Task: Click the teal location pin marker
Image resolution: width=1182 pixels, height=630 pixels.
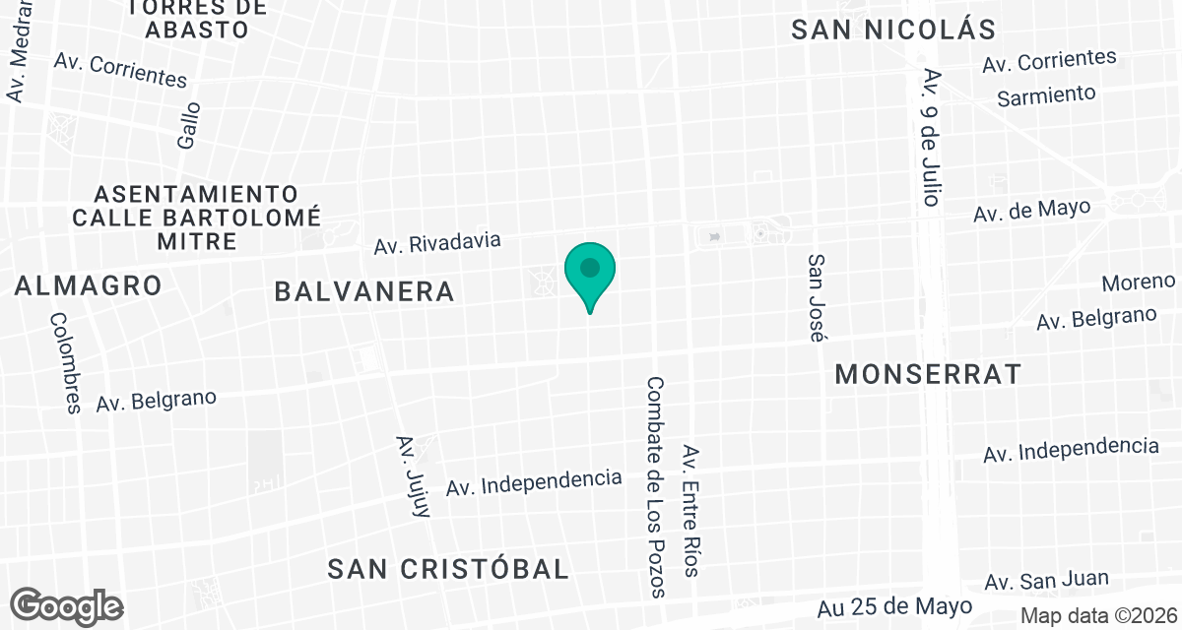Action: [590, 272]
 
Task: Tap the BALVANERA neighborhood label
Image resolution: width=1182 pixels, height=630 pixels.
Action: [364, 291]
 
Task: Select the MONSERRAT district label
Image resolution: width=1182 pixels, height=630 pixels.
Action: [927, 374]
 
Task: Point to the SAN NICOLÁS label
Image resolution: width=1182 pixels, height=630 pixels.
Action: [894, 30]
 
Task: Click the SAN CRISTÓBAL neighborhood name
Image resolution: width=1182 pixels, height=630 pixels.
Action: [449, 569]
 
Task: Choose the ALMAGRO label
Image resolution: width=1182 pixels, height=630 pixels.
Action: [89, 286]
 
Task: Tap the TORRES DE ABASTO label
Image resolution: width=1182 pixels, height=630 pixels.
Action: [196, 18]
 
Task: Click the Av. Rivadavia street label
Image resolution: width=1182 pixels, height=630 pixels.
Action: [437, 243]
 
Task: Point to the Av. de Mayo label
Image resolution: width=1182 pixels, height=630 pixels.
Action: [1031, 211]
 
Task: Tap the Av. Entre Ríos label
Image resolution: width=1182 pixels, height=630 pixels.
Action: [691, 511]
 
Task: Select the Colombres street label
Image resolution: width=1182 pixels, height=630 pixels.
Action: [65, 362]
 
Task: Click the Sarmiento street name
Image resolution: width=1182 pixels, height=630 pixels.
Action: [1046, 95]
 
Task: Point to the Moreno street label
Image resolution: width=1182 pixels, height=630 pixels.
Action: [1138, 283]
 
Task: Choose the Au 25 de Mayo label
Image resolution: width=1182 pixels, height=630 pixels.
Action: [895, 605]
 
